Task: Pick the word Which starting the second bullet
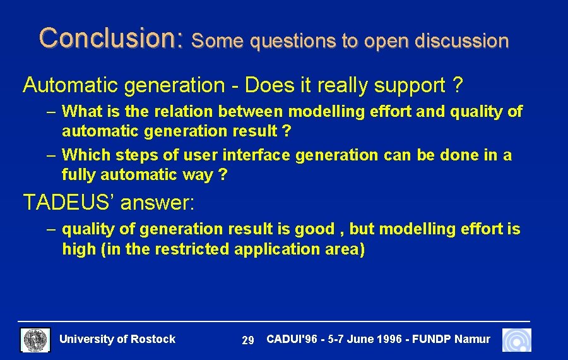(85, 155)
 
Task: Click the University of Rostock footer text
(117, 339)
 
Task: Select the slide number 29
(248, 340)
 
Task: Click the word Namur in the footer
(472, 339)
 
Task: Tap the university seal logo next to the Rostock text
(35, 340)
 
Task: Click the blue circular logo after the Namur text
(516, 340)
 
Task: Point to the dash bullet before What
(51, 112)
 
